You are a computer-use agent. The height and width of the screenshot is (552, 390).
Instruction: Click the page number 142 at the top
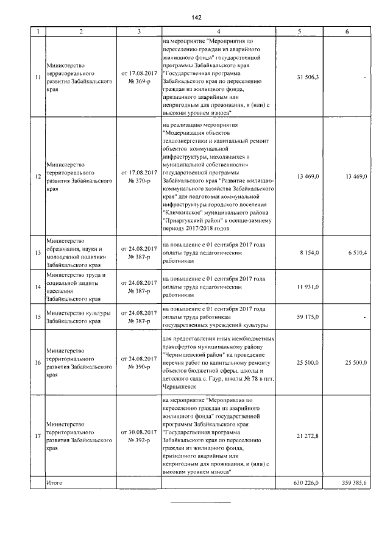[195, 17]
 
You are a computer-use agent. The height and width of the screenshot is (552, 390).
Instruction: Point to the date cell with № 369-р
[140, 77]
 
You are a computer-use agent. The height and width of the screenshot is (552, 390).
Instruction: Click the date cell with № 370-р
[140, 176]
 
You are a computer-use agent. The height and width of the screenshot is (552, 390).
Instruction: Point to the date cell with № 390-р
[140, 363]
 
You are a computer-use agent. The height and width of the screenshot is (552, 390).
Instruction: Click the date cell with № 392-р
[140, 436]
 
